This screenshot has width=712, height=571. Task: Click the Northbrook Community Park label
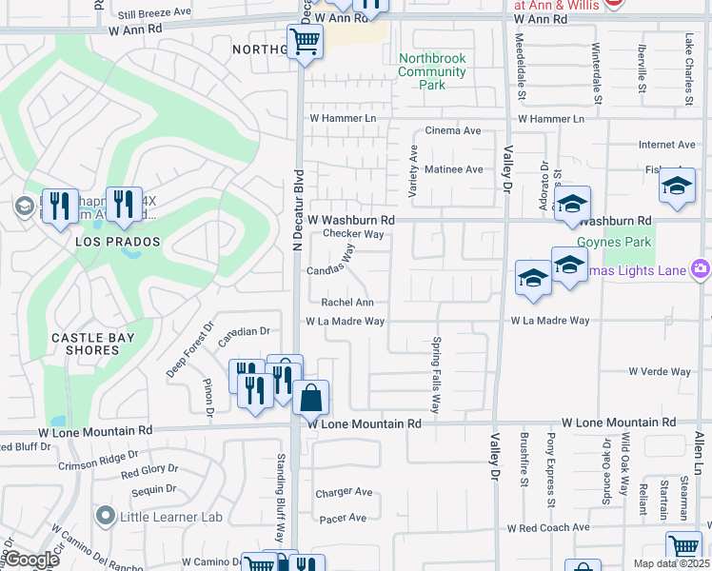(x=432, y=71)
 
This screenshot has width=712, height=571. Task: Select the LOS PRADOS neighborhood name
(x=118, y=243)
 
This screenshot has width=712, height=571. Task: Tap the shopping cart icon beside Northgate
(x=304, y=42)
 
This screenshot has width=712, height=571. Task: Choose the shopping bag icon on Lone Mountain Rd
(x=311, y=398)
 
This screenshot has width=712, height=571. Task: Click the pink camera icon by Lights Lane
(x=701, y=270)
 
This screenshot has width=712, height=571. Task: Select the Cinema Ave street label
(x=453, y=130)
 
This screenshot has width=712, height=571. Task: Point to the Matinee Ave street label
(x=453, y=169)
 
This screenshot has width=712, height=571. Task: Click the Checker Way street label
(x=353, y=234)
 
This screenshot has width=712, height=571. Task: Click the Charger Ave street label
(x=344, y=492)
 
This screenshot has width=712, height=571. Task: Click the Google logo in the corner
(x=32, y=559)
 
